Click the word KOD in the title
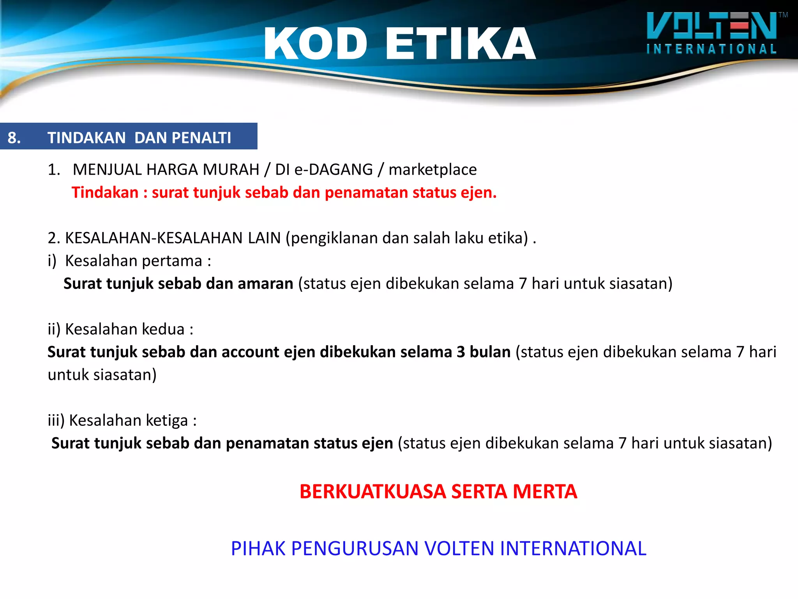tap(316, 44)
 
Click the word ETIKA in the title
tap(461, 44)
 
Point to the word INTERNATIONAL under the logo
tap(711, 49)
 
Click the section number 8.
tap(14, 138)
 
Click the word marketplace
tap(433, 170)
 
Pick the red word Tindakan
tap(105, 193)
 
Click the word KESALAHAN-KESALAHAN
tap(173, 238)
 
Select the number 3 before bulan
tap(461, 352)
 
